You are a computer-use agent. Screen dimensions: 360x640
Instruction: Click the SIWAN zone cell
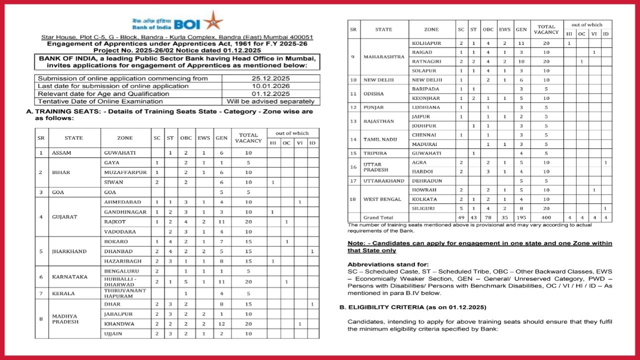pos(113,182)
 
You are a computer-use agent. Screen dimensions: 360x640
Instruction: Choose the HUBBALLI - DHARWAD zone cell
pos(120,281)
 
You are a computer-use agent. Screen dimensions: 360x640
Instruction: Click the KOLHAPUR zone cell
pos(426,43)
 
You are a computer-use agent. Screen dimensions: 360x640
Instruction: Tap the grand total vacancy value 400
pos(546,217)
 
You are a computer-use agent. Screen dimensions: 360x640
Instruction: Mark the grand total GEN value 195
pos(521,217)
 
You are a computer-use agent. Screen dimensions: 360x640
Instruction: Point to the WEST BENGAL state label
pos(382,199)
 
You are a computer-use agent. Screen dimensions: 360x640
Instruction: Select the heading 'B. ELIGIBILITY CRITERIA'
pos(416,306)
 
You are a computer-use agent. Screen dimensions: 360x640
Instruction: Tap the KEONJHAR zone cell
pos(426,98)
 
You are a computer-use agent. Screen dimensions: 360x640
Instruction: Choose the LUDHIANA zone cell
pos(426,107)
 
